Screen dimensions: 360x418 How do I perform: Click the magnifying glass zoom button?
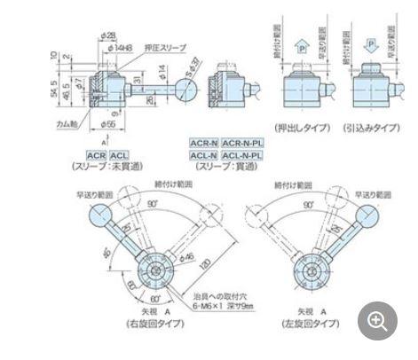(x=377, y=319)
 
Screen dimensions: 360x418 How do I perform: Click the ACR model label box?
(x=97, y=154)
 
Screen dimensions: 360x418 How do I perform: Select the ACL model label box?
(x=118, y=154)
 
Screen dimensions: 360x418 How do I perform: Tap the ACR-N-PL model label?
(x=241, y=142)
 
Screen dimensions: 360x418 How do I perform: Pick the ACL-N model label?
(x=205, y=154)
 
